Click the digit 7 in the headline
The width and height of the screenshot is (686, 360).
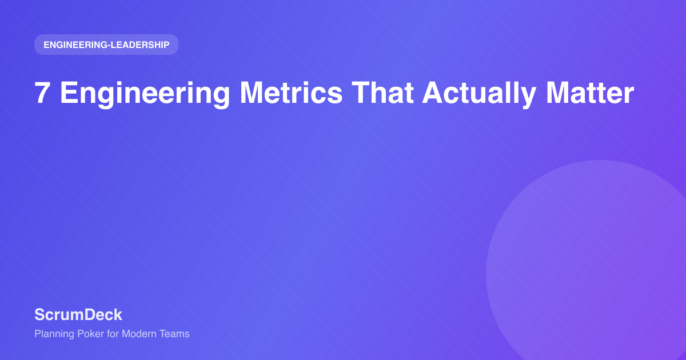point(42,93)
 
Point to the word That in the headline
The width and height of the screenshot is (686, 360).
point(382,93)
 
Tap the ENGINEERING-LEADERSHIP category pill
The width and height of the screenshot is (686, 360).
point(106,45)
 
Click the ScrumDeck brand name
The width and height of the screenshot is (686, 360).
point(78,314)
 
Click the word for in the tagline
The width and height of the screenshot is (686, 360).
point(114,334)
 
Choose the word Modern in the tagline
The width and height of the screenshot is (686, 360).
point(142,334)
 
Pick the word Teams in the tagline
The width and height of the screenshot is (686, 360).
point(177,334)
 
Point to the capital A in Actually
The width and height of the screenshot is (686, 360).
point(432,93)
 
